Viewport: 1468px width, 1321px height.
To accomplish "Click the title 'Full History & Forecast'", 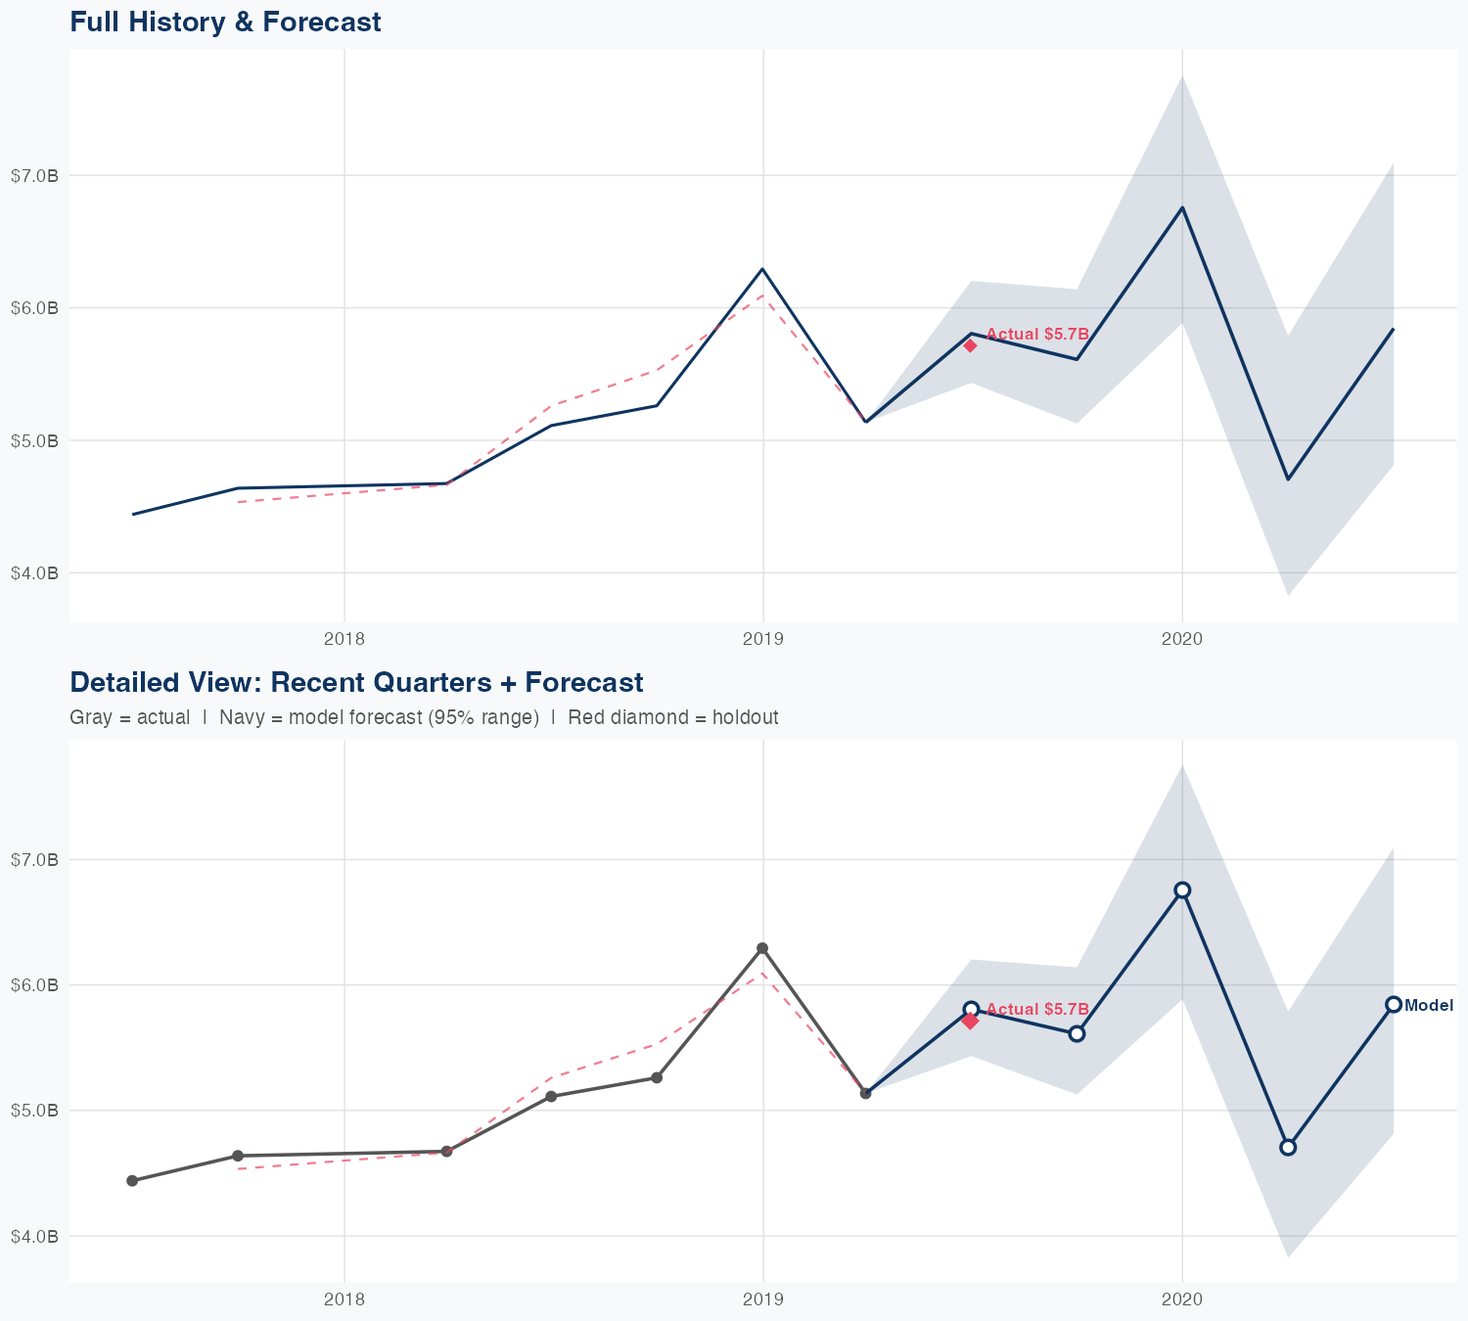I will point(225,22).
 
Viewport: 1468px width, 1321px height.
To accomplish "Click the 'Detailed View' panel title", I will point(356,682).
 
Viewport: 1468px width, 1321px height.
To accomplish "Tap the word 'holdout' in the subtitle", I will point(745,717).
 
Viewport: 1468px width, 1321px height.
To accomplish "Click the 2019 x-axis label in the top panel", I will point(763,640).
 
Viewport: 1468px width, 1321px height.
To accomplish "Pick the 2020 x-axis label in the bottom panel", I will point(1182,1299).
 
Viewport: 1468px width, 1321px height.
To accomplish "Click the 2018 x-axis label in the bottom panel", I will point(344,1299).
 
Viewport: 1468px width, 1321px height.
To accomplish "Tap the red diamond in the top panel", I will point(970,345).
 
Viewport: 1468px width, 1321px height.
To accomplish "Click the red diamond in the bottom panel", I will point(970,1021).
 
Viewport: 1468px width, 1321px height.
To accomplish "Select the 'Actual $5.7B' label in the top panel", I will point(1037,334).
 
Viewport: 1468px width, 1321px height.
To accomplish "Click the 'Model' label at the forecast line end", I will point(1429,1005).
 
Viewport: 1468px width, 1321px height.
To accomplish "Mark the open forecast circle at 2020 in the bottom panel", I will point(1182,889).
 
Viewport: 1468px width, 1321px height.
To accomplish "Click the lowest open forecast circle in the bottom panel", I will point(1288,1147).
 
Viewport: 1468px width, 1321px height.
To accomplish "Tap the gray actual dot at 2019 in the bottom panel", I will point(762,948).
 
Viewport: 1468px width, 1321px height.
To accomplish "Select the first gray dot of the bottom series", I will point(132,1181).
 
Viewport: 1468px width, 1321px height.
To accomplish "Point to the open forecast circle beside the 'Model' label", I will point(1393,1004).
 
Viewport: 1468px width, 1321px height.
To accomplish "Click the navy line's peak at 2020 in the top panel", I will point(1182,207).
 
